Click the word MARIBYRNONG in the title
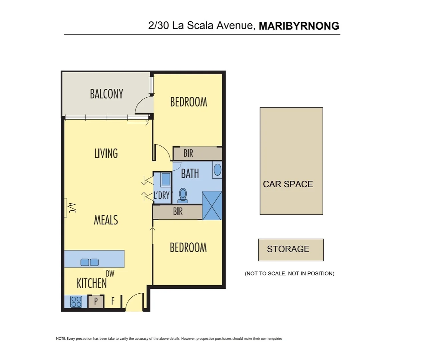coord(299,26)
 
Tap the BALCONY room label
coord(106,94)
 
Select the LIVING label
coord(106,153)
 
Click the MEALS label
coord(106,220)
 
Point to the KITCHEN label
coord(92,283)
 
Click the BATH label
coord(190,174)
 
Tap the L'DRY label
coord(162,195)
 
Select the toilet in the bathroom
coord(183,195)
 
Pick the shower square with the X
coord(212,205)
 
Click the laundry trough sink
coord(165,179)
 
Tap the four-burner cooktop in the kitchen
coord(76,302)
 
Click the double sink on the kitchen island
coord(89,262)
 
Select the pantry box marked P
coord(96,301)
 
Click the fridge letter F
coord(113,301)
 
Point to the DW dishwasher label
coord(110,274)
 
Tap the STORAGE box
coord(291,250)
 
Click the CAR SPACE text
coord(288,184)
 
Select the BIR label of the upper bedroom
coord(188,153)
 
